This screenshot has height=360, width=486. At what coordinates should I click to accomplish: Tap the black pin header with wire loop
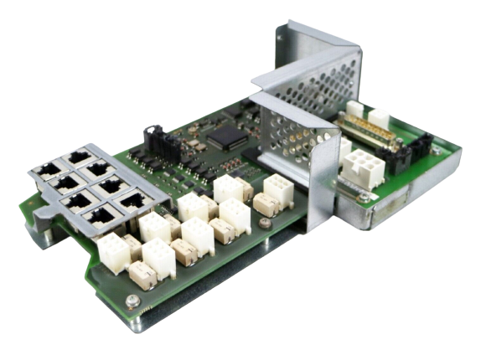click(153, 138)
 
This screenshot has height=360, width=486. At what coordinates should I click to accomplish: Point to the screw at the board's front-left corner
click(131, 301)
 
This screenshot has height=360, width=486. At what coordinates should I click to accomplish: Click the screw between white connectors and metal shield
click(266, 223)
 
